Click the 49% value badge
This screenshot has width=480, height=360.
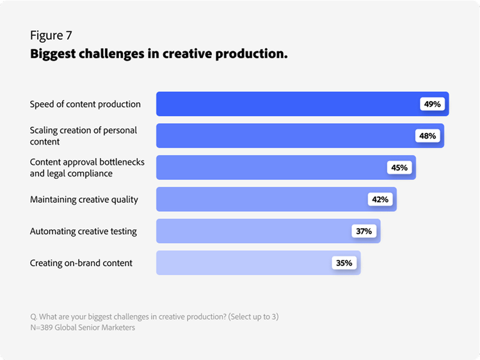[x=432, y=104]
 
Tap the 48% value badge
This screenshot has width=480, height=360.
[x=428, y=136]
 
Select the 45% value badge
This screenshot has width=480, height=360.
[x=399, y=168]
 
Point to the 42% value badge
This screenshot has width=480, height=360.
[x=380, y=200]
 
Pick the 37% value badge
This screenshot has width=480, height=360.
[x=364, y=231]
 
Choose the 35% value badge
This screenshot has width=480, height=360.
[x=344, y=263]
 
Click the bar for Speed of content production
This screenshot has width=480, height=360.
[x=288, y=104]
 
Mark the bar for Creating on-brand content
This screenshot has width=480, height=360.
[x=243, y=263]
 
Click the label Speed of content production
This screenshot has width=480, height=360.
[x=85, y=104]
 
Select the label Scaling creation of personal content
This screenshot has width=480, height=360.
[x=83, y=136]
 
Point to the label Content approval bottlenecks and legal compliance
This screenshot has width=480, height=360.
[x=87, y=168]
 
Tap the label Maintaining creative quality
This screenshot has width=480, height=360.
[x=84, y=200]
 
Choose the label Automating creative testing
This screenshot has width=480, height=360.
[x=83, y=231]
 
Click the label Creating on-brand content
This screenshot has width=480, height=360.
[x=81, y=263]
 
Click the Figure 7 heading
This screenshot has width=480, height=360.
[x=55, y=35]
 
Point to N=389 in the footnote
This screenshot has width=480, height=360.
[x=43, y=328]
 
